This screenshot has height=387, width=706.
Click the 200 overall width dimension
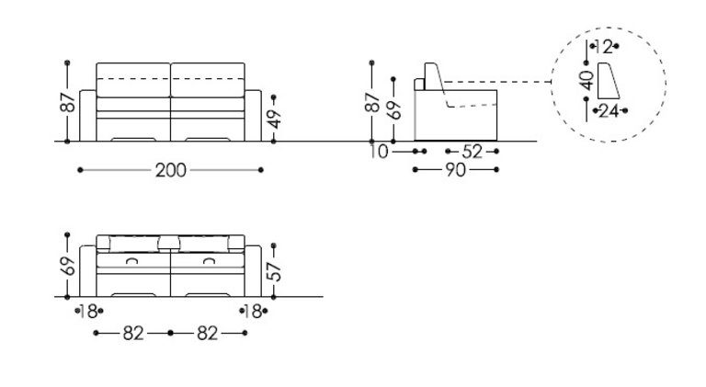point(171,171)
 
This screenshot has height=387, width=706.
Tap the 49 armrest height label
point(274,119)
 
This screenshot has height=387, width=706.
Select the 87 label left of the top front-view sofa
point(68,103)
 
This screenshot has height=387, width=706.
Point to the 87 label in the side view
point(372,103)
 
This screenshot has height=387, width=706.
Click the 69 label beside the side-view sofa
point(394,110)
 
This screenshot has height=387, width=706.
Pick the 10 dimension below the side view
point(379,152)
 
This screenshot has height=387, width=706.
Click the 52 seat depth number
point(472,152)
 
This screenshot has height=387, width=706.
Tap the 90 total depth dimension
point(455,170)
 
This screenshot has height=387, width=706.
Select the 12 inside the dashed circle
point(604,46)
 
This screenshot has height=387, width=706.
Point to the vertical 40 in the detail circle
point(586,81)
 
